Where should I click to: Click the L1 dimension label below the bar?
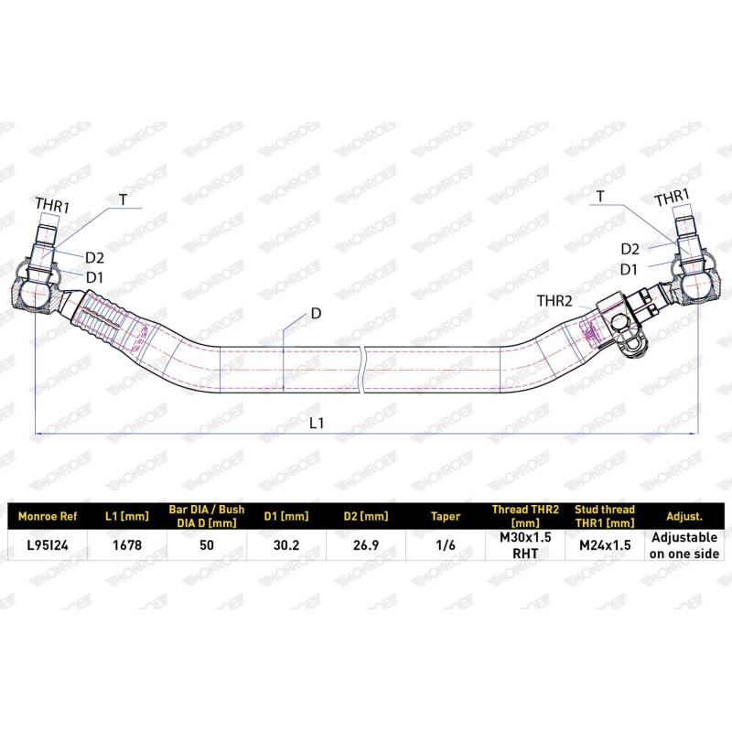point(317,423)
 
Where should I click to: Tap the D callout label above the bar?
point(316,313)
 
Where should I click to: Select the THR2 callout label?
point(554,301)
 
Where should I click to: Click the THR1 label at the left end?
point(52,204)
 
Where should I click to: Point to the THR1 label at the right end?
point(672,198)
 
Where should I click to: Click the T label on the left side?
point(123,200)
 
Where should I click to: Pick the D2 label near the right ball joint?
point(630,249)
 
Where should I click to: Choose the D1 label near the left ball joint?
point(95,277)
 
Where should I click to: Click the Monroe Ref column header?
point(48,516)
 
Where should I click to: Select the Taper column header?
point(446,517)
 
